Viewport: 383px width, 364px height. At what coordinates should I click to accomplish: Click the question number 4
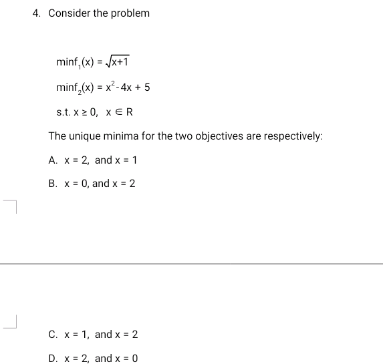click(x=36, y=13)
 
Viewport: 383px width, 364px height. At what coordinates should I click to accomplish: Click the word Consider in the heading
click(x=70, y=13)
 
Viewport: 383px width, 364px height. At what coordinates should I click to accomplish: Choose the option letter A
click(x=53, y=160)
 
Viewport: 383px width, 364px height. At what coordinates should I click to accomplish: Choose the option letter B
click(x=53, y=184)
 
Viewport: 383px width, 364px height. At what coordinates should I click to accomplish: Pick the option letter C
click(x=53, y=335)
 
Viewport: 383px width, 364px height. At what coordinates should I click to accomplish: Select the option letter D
click(x=53, y=359)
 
